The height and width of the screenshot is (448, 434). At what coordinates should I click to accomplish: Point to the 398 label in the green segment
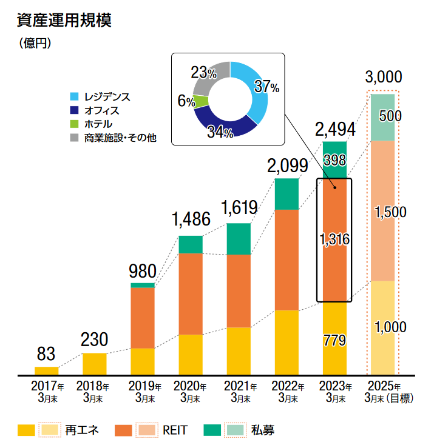pos(334,161)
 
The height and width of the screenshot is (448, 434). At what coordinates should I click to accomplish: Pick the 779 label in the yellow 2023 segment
pos(334,340)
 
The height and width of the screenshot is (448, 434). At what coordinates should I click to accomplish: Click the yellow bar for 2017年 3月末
pos(47,370)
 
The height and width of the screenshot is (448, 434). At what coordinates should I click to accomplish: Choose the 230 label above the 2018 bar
pos(94,339)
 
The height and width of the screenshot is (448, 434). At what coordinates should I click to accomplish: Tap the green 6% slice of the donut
pos(202,102)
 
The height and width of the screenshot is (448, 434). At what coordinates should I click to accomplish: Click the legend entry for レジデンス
pos(107,97)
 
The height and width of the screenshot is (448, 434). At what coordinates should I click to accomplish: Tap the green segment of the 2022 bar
pos(287,194)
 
